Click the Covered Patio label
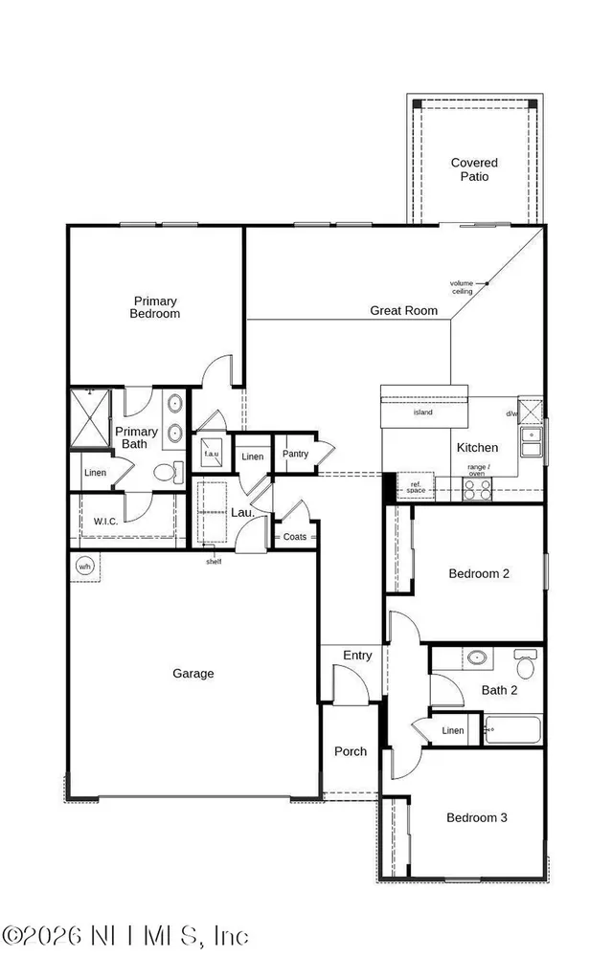tap(474, 169)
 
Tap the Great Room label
tap(403, 311)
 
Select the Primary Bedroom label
tap(155, 307)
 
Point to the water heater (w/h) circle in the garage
tap(84, 565)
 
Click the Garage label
tap(193, 674)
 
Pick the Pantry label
tap(296, 454)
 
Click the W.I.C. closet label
tap(105, 522)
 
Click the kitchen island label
tap(423, 413)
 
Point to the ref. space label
tap(416, 487)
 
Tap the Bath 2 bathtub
tap(513, 729)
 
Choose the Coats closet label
tap(295, 537)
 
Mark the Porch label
tap(350, 752)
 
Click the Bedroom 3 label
tap(477, 818)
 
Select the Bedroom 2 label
tap(478, 574)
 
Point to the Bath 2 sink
tap(476, 657)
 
